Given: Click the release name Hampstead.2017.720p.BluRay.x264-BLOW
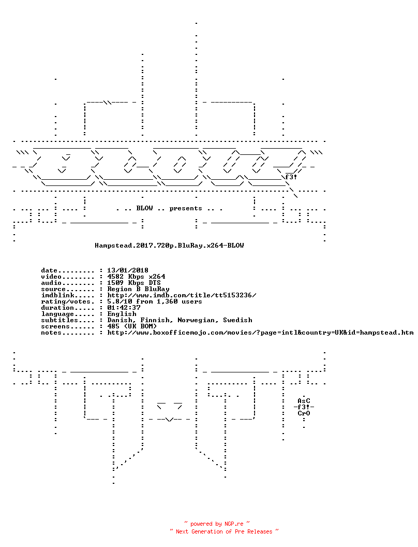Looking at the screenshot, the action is point(169,246).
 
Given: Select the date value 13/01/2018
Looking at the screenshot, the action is point(128,270).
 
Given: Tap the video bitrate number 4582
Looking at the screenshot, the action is point(115,277).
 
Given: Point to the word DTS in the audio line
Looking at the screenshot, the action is point(155,283).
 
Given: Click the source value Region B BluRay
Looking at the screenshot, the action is point(138,289).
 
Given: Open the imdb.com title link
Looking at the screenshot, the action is point(182,295).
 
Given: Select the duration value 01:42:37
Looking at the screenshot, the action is point(124,308).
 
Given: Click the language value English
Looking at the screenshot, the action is point(122,314).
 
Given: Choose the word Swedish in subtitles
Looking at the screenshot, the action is point(237,320).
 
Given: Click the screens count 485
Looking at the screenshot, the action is point(113,326).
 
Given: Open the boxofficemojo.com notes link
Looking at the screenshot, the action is point(261,333).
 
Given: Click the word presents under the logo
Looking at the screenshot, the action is point(186,209).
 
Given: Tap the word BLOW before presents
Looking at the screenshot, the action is point(144,208).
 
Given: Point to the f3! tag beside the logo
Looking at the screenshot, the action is point(291,177).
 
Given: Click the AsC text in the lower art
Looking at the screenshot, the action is point(304,401).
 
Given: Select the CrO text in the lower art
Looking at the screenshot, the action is point(304,413).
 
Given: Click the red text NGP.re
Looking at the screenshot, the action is point(234,524).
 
